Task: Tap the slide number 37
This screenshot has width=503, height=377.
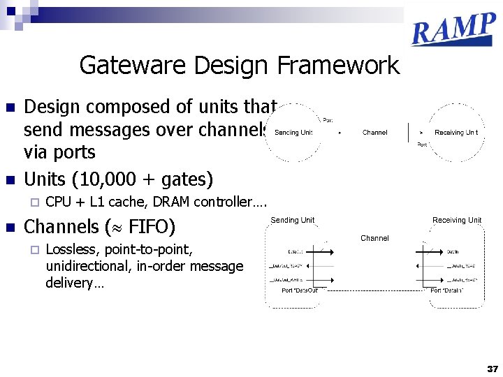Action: pyautogui.click(x=493, y=369)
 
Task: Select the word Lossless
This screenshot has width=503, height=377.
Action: pyautogui.click(x=71, y=249)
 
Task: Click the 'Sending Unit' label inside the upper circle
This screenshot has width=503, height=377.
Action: pyautogui.click(x=293, y=133)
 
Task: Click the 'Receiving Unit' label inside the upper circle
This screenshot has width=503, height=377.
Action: pyautogui.click(x=456, y=133)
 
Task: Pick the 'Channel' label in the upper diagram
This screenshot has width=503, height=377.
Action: pyautogui.click(x=374, y=133)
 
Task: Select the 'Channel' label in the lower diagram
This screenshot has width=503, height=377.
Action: pyautogui.click(x=374, y=238)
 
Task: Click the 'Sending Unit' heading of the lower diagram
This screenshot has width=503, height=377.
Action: pyautogui.click(x=293, y=221)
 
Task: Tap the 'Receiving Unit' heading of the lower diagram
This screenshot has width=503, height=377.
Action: pyautogui.click(x=457, y=221)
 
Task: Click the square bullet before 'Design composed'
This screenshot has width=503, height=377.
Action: pyautogui.click(x=10, y=108)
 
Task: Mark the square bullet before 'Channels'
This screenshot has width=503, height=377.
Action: pyautogui.click(x=10, y=228)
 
